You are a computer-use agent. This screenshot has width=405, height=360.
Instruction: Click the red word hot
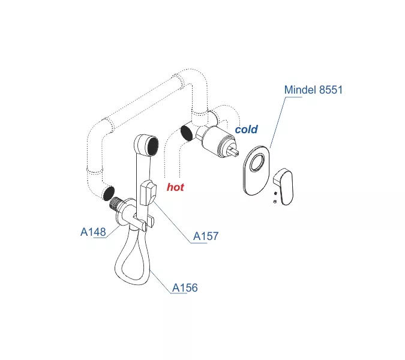pyautogui.click(x=175, y=187)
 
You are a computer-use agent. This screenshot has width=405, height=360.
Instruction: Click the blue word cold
pyautogui.click(x=246, y=129)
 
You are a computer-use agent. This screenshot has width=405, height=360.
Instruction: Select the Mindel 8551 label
pyautogui.click(x=313, y=90)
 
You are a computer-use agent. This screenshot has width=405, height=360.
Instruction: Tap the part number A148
pyautogui.click(x=93, y=232)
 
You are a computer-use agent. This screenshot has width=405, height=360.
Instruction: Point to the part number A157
pyautogui.click(x=205, y=236)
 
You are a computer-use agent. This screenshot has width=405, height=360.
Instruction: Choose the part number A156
pyautogui.click(x=185, y=288)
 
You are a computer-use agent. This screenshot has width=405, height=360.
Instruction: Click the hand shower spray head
pyautogui.click(x=146, y=145)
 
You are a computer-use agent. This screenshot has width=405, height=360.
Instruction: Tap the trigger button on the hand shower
pyautogui.click(x=147, y=193)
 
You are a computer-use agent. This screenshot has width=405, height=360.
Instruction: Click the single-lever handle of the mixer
pyautogui.click(x=284, y=181)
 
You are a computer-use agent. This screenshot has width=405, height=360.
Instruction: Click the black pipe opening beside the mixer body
pyautogui.click(x=187, y=132)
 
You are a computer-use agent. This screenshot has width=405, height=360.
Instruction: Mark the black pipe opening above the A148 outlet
pyautogui.click(x=108, y=193)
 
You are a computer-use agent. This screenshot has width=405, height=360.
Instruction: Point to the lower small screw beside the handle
pyautogui.click(x=274, y=202)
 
